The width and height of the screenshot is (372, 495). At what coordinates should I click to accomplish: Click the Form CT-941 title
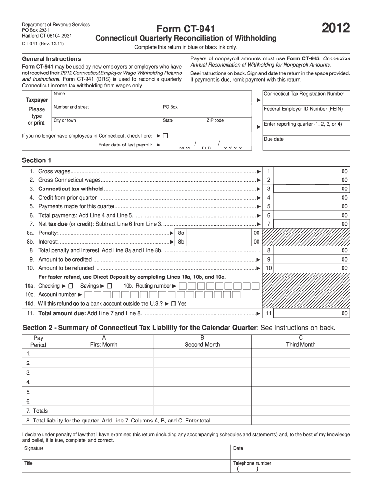coord(186,29)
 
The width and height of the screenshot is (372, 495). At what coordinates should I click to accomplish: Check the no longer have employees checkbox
coord(165,136)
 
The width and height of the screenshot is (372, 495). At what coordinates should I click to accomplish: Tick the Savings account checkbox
coord(109,286)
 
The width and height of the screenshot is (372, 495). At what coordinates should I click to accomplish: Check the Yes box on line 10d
coord(173,304)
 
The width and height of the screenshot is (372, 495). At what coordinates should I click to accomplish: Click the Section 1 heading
coord(37,160)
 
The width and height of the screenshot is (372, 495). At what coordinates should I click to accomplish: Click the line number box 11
coord(269,313)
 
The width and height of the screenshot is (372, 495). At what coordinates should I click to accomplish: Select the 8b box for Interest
coord(181,242)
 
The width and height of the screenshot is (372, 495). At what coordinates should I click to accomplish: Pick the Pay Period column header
coord(38,341)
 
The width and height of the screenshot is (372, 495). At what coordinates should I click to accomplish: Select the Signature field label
coord(34,448)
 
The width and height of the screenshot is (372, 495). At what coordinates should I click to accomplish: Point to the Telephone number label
coord(252,463)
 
